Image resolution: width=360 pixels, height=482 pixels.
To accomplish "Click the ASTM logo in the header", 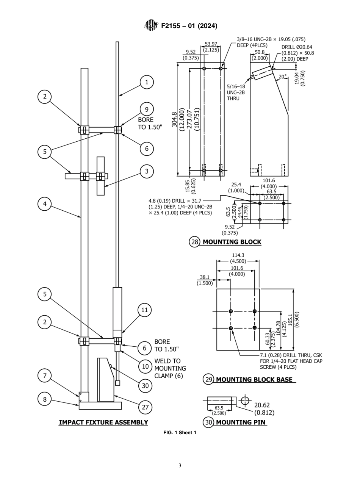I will tap(150, 26).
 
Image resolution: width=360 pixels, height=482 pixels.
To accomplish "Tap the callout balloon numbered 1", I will tap(147, 82).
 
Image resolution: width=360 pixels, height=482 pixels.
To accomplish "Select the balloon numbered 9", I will tap(147, 110).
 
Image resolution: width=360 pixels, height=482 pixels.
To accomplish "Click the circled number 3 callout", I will tap(147, 171).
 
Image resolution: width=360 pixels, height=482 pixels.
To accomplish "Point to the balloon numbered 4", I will tap(45, 204).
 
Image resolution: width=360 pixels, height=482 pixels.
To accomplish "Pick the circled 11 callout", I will tap(144, 310).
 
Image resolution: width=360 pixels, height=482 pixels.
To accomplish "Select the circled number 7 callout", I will tap(45, 376).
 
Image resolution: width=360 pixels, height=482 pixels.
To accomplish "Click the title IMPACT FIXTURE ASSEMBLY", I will tap(103, 422).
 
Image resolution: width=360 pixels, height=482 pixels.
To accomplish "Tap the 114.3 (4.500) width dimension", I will tap(238, 258).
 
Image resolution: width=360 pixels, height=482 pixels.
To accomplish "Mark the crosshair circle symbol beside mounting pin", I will tap(246, 401).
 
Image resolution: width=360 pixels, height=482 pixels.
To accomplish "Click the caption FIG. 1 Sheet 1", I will tap(180, 433).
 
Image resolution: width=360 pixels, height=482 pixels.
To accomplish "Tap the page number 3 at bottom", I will tap(180, 465).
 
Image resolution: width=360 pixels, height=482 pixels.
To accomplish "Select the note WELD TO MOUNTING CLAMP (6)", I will tap(170, 368).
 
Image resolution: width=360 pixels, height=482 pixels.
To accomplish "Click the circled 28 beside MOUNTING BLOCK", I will tap(194, 242).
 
